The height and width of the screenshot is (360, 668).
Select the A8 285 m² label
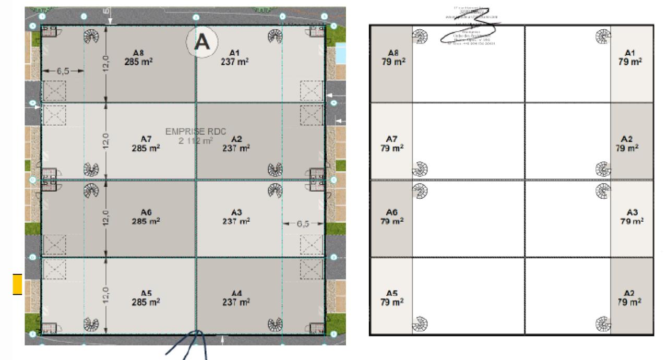click(138, 57)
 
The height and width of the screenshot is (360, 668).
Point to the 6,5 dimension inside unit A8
click(63, 70)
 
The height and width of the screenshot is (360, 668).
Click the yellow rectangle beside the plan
click(17, 284)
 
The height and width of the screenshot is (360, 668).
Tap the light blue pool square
click(340, 53)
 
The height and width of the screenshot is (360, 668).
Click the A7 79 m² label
click(392, 144)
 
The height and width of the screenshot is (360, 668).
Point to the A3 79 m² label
click(631, 217)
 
